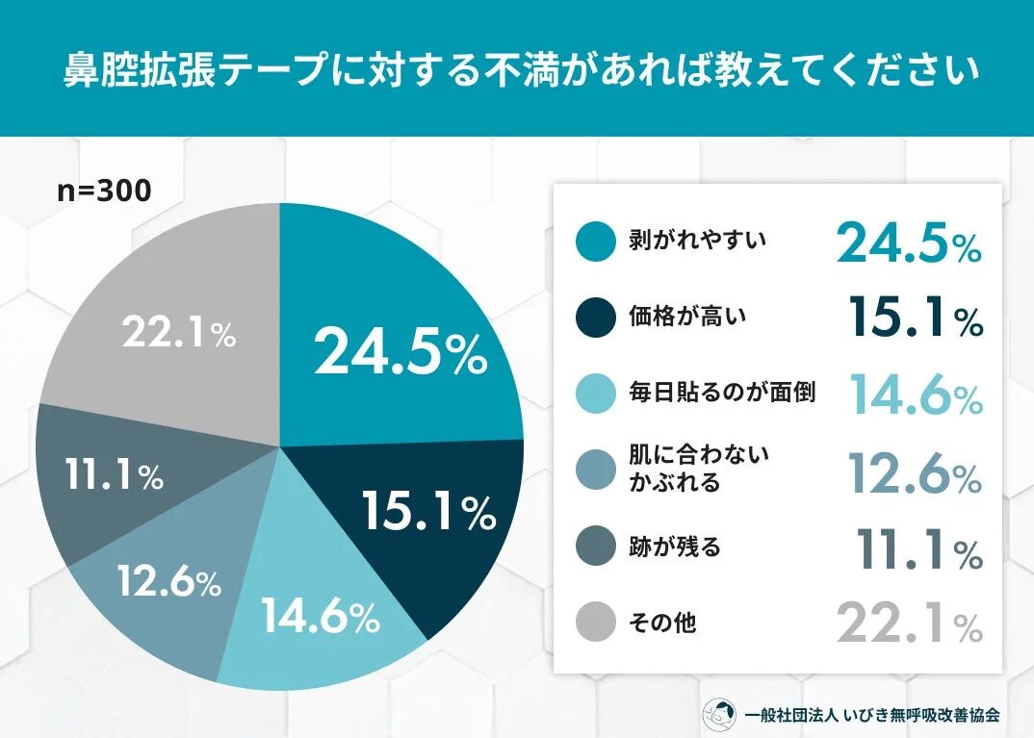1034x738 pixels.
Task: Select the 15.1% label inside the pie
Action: [428, 513]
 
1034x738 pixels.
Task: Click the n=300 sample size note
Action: [104, 191]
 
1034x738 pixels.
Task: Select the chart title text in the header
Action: [516, 70]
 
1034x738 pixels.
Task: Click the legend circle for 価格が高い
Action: [595, 318]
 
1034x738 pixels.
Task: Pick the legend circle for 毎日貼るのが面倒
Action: [595, 394]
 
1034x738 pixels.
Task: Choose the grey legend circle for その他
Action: [595, 623]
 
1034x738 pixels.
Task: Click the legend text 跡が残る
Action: [676, 547]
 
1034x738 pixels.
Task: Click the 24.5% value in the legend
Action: [908, 243]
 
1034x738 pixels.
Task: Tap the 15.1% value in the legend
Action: [916, 318]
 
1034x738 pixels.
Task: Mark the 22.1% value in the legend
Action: [909, 623]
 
